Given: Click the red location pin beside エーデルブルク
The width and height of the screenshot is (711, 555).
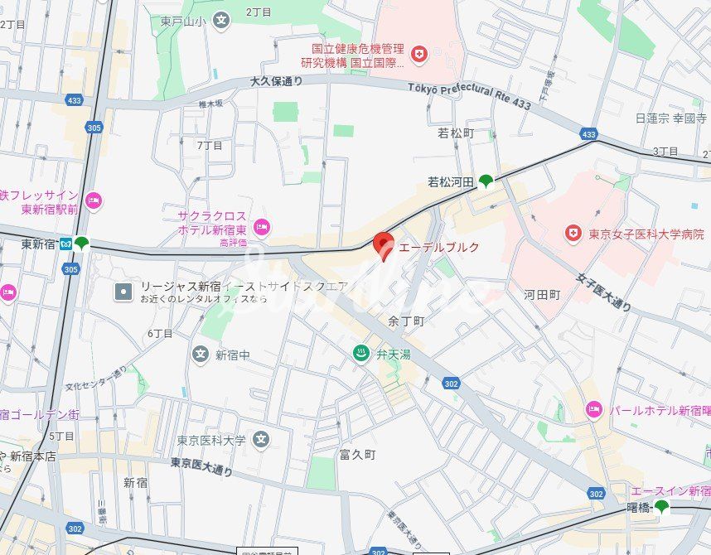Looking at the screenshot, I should click(x=382, y=244).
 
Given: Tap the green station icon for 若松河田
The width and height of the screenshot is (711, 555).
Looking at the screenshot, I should click(x=486, y=181).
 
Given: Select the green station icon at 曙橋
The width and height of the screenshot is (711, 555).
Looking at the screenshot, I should click(x=661, y=507).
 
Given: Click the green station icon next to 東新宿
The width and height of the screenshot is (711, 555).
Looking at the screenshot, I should click(x=81, y=244).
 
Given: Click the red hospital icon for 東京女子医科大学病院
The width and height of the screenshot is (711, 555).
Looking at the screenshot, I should click(x=572, y=234).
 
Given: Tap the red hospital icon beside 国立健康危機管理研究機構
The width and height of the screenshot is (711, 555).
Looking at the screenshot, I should click(x=419, y=55).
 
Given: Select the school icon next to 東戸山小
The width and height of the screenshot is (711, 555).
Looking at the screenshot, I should click(x=220, y=19).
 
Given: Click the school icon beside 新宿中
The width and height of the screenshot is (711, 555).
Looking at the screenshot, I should click(x=200, y=355).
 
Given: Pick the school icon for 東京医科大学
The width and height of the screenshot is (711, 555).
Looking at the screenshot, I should click(x=261, y=439).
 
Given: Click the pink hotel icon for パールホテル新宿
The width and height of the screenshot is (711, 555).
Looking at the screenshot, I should click(x=593, y=409).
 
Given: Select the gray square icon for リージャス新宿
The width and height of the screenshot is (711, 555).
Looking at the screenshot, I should click(x=123, y=291).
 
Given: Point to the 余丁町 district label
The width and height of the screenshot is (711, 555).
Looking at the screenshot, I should click(x=406, y=320).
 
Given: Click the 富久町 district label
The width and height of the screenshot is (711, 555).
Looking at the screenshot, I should click(x=357, y=455).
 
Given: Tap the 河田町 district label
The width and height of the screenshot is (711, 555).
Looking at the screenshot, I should click(x=542, y=294).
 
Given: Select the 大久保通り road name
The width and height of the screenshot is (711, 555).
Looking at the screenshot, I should click(x=276, y=81).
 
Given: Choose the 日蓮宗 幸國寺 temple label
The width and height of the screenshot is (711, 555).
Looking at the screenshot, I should click(x=671, y=118).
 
